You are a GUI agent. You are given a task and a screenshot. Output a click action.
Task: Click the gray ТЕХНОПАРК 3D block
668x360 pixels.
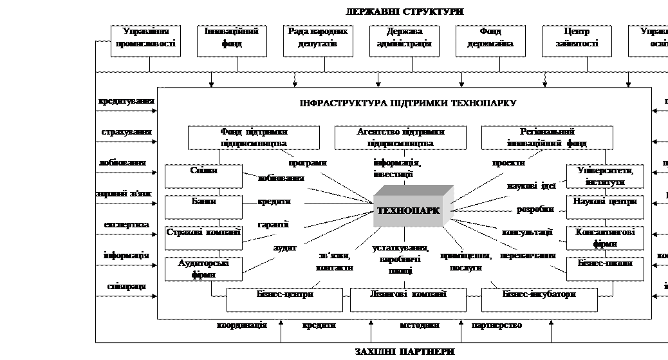(413, 208)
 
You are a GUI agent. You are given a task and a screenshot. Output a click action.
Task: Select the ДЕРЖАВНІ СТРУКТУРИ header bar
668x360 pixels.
(381, 11)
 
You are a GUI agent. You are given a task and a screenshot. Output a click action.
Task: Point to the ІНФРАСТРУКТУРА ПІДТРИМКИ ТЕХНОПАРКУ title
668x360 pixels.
(407, 103)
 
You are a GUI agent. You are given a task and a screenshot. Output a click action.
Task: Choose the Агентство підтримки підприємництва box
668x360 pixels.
(400, 137)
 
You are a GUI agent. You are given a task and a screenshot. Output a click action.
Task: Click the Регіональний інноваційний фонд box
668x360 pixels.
(547, 137)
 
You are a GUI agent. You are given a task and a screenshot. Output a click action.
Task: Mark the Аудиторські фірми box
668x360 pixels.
(203, 269)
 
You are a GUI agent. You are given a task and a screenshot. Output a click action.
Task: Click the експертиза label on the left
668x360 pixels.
(126, 225)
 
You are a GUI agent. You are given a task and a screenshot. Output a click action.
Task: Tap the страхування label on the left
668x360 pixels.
(126, 133)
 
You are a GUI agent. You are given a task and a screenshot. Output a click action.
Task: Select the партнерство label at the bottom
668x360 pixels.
(496, 326)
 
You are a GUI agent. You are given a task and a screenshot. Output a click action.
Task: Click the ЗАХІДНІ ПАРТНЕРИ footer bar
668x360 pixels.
(381, 352)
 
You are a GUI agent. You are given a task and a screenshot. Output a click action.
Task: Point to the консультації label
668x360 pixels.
(525, 232)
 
